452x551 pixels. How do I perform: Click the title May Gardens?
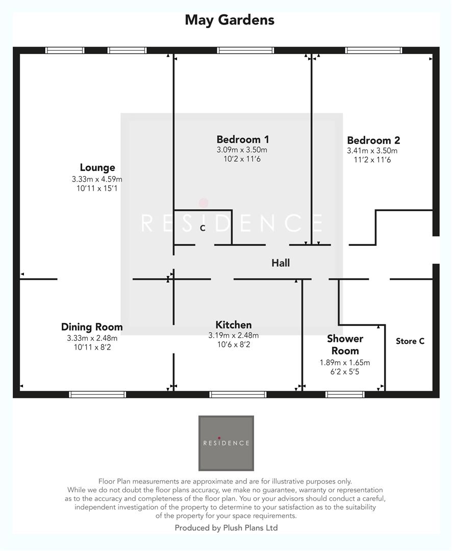(229, 20)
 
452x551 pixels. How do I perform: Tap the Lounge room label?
(97, 167)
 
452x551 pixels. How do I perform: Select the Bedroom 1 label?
(242, 139)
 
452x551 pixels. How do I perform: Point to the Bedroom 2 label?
(373, 140)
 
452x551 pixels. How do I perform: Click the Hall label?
(281, 263)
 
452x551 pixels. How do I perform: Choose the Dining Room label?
(92, 327)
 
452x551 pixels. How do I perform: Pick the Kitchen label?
(233, 325)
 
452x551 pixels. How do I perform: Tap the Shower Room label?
(345, 344)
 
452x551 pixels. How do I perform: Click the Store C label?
(410, 341)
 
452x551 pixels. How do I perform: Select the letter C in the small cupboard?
(203, 228)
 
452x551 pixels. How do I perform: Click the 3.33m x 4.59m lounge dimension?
(97, 179)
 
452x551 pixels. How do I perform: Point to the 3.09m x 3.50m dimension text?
(242, 150)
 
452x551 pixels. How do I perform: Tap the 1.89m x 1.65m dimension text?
(344, 363)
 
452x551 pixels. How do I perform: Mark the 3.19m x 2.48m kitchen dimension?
(233, 335)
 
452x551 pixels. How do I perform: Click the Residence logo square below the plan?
(226, 443)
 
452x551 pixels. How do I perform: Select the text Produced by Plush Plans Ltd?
(226, 528)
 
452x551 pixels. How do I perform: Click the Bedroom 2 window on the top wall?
(373, 51)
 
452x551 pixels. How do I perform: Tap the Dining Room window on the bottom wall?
(97, 394)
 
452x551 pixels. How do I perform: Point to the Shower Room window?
(345, 394)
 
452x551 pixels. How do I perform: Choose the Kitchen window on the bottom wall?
(238, 394)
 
